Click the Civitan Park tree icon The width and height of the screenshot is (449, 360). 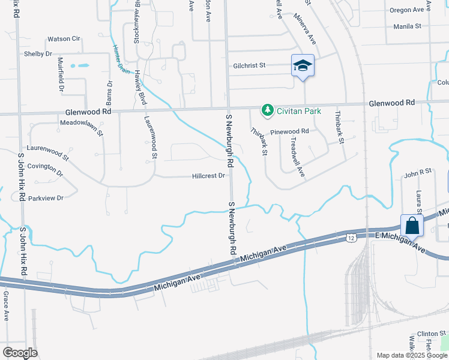click(x=267, y=110)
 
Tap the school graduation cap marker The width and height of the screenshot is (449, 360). click(x=303, y=65)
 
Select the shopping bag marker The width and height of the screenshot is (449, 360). click(x=412, y=226)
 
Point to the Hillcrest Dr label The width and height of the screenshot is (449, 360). click(x=208, y=176)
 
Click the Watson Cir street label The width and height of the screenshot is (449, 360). click(x=64, y=39)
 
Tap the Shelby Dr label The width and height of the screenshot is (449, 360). click(x=38, y=53)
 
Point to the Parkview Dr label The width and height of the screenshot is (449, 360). click(x=45, y=197)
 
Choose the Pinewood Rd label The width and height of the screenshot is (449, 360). click(x=289, y=131)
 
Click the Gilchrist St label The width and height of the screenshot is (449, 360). click(x=250, y=65)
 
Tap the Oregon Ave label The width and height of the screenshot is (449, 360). click(x=406, y=10)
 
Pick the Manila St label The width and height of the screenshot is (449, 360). click(x=409, y=26)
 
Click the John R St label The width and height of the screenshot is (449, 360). click(x=418, y=172)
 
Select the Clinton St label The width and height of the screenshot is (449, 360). click(x=432, y=333)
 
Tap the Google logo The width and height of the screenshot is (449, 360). click(x=19, y=352)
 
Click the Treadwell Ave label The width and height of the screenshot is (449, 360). click(x=297, y=157)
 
